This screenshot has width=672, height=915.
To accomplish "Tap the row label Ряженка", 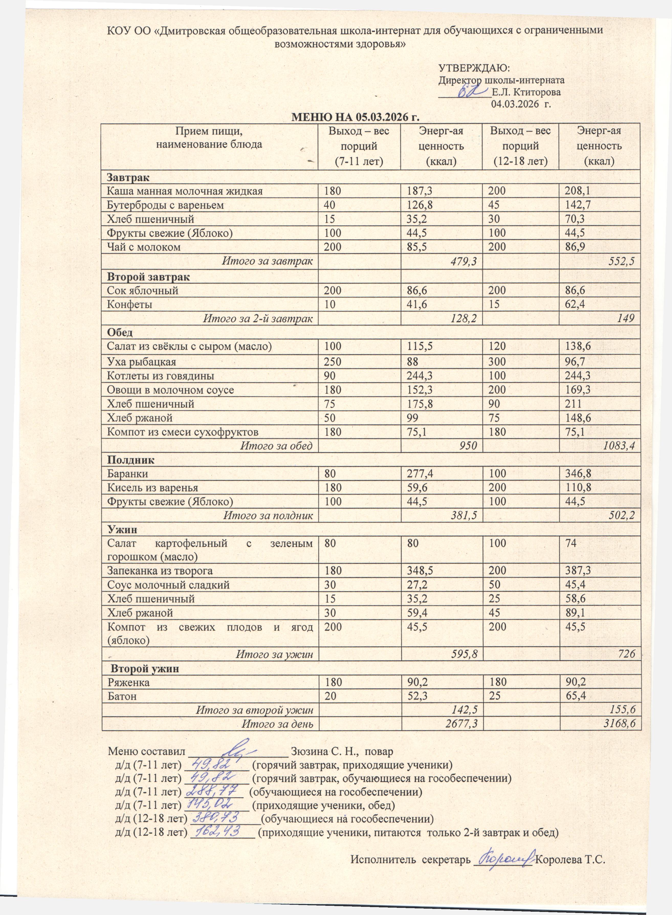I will [128, 682].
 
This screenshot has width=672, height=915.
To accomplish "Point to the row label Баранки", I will [127, 474].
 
